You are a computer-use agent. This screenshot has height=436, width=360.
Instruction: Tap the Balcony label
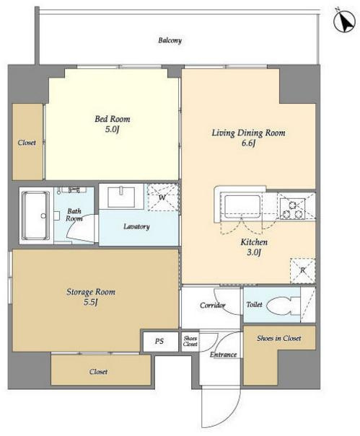click(170, 40)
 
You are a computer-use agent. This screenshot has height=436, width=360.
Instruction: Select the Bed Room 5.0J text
click(113, 124)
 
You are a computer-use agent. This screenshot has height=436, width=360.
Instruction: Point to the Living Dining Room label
click(248, 133)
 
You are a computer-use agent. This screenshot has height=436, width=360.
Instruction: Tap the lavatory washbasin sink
click(121, 197)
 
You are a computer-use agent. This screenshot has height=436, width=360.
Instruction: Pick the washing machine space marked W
click(162, 197)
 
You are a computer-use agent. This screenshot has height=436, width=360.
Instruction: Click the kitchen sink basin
click(242, 207)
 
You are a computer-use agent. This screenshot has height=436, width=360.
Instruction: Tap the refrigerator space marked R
click(302, 271)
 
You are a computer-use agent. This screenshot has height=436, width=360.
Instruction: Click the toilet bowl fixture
click(284, 306)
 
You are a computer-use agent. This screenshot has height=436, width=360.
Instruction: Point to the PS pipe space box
click(160, 341)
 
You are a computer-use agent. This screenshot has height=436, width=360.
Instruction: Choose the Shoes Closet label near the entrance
click(190, 341)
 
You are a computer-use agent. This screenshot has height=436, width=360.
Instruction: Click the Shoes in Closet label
click(278, 339)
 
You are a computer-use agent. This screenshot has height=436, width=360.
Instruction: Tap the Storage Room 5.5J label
click(91, 297)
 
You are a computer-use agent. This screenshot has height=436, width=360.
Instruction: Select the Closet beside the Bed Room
click(27, 142)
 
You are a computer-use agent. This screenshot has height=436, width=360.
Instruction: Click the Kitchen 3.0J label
click(254, 247)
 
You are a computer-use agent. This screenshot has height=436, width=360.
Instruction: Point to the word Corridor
click(212, 306)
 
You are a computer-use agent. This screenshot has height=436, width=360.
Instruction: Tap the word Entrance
click(224, 355)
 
